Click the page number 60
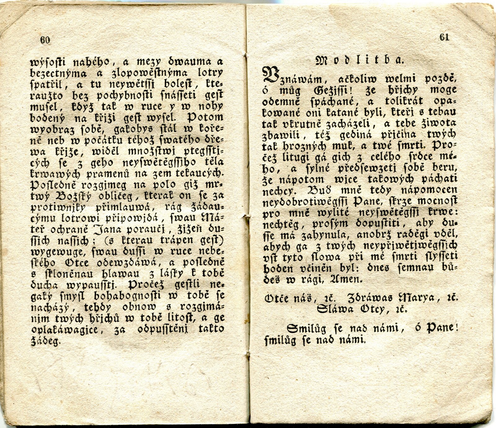coord(45,40)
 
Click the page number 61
coord(444,37)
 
